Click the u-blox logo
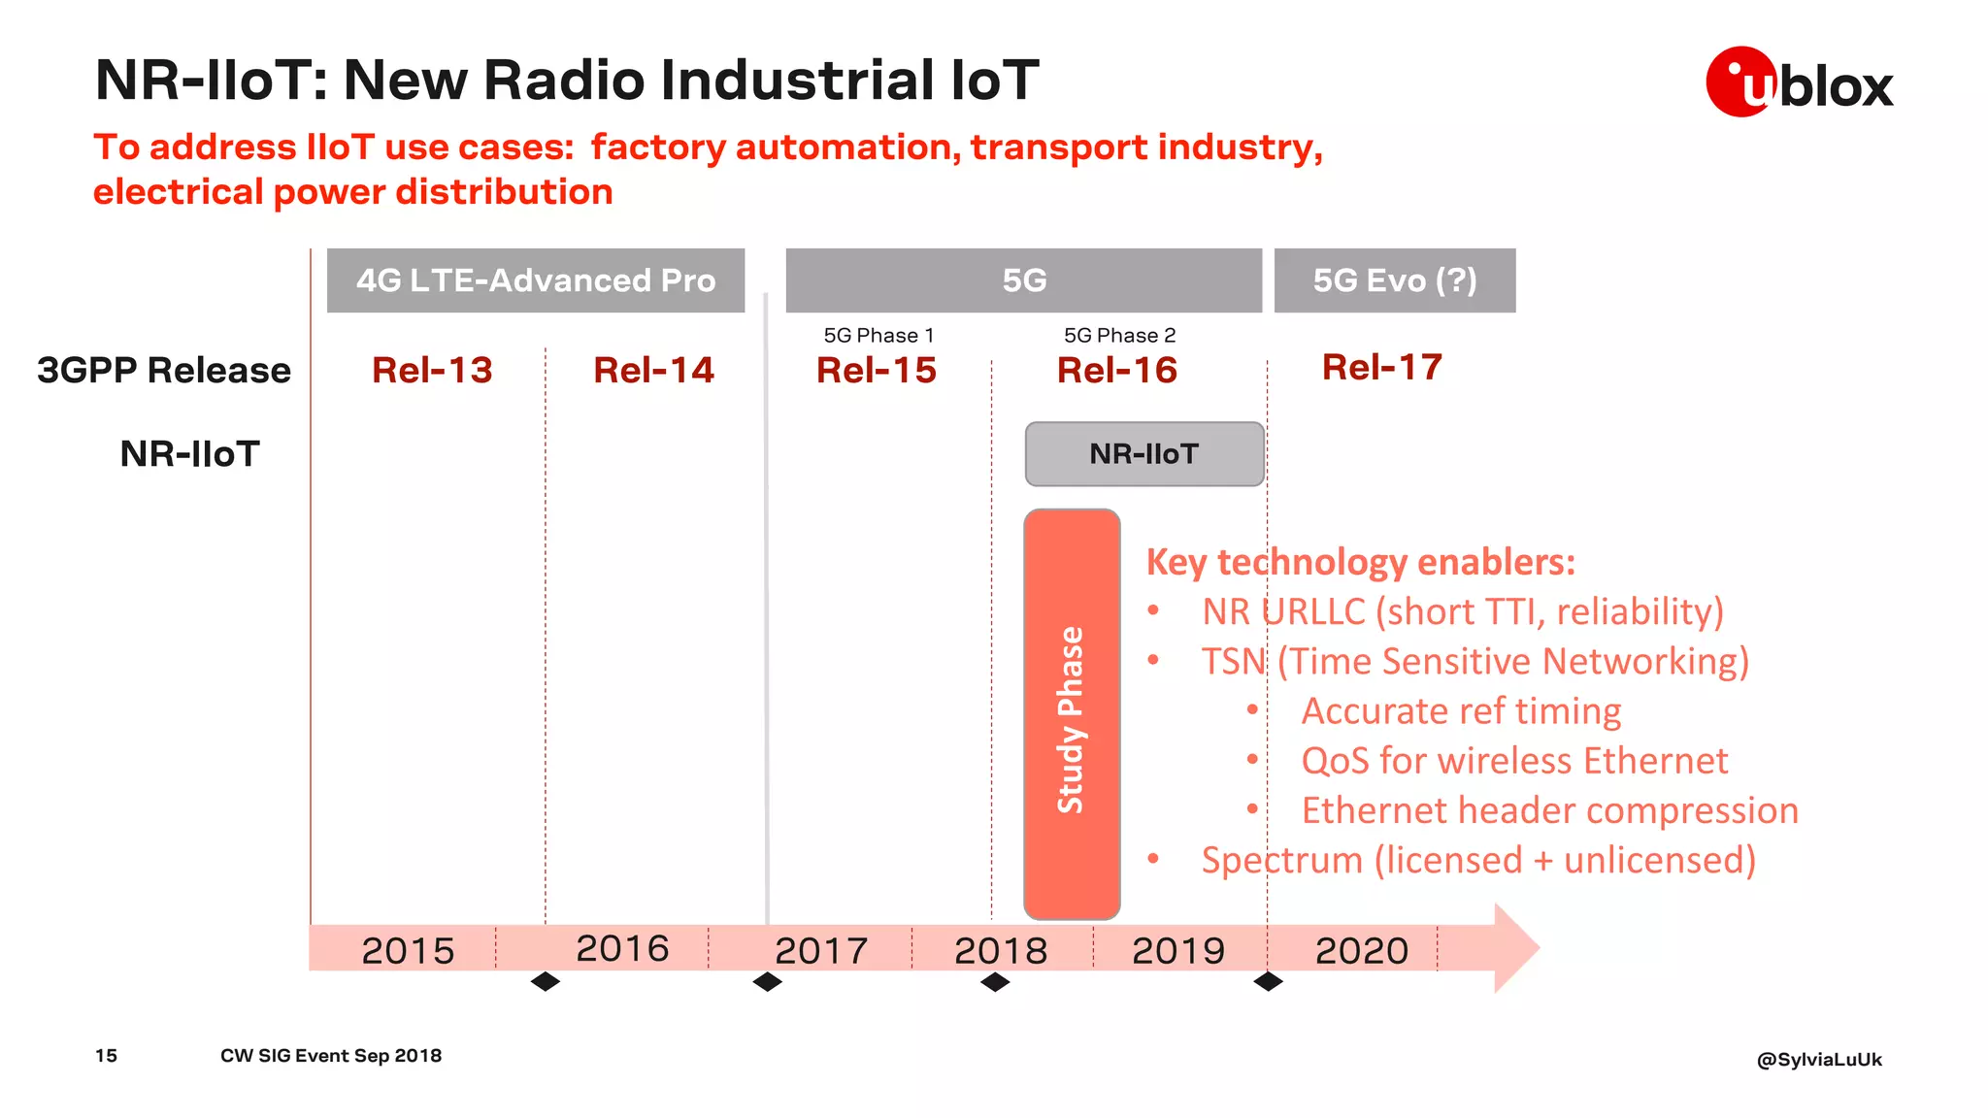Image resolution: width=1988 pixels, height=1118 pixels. click(x=1799, y=82)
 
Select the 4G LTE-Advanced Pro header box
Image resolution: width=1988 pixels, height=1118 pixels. click(x=536, y=280)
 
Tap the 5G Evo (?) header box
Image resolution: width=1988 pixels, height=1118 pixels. click(x=1394, y=280)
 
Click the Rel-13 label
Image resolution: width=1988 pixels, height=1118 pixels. click(x=432, y=370)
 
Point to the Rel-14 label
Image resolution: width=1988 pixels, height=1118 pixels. click(x=653, y=370)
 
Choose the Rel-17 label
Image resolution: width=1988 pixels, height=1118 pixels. click(x=1381, y=367)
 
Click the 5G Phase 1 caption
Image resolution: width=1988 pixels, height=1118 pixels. click(x=878, y=336)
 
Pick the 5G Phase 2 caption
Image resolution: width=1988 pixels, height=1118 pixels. click(x=1119, y=336)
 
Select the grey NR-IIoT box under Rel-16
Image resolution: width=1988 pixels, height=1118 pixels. click(x=1144, y=454)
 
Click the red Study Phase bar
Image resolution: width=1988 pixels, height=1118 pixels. click(x=1072, y=713)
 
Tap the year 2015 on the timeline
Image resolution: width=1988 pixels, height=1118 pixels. click(x=408, y=950)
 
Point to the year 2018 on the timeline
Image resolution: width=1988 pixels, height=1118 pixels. click(x=1001, y=950)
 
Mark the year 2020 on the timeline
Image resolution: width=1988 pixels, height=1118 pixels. click(x=1361, y=950)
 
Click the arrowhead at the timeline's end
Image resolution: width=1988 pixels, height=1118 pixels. click(x=1515, y=948)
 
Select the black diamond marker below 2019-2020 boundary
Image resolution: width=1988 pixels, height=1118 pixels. click(x=1268, y=982)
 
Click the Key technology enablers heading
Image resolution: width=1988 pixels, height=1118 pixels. click(x=1360, y=562)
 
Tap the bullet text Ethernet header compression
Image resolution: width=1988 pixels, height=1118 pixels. click(x=1549, y=810)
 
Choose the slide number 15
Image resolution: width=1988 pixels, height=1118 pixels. click(x=106, y=1055)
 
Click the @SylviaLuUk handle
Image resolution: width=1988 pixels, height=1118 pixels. click(x=1818, y=1059)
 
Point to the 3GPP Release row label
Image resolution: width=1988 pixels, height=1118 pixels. click(x=164, y=370)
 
